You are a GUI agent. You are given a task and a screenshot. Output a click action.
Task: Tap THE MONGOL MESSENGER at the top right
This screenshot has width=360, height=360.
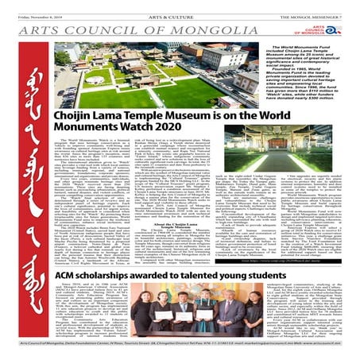coord(324,7)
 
